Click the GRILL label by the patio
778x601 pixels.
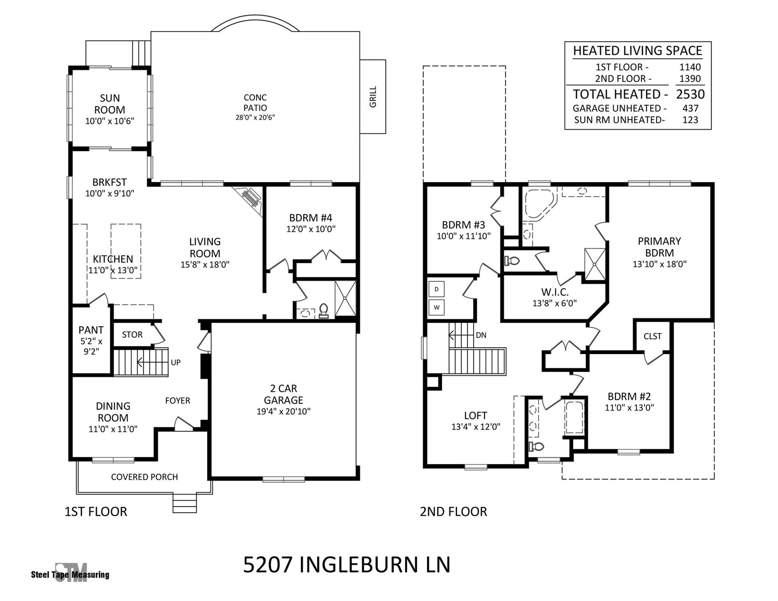coord(373,97)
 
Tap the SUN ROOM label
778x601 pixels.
coord(110,104)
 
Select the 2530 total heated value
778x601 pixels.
coord(690,94)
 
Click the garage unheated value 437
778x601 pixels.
coord(690,108)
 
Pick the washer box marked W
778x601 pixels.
coord(436,308)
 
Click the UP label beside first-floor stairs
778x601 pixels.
coord(175,362)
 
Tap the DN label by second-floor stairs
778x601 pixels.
coord(481,335)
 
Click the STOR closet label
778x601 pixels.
coord(132,335)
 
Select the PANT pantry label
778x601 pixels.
coord(91,330)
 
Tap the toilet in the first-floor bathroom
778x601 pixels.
coord(324,311)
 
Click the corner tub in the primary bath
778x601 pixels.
coord(538,203)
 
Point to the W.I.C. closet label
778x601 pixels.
coord(555,292)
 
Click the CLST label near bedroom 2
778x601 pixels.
coord(652,336)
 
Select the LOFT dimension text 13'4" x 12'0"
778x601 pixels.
coord(475,427)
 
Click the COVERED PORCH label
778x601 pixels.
coord(144,477)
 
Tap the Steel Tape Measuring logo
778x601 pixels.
coord(70,574)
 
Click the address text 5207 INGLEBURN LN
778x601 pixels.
coord(347,565)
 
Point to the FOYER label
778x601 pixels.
coord(177,401)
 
